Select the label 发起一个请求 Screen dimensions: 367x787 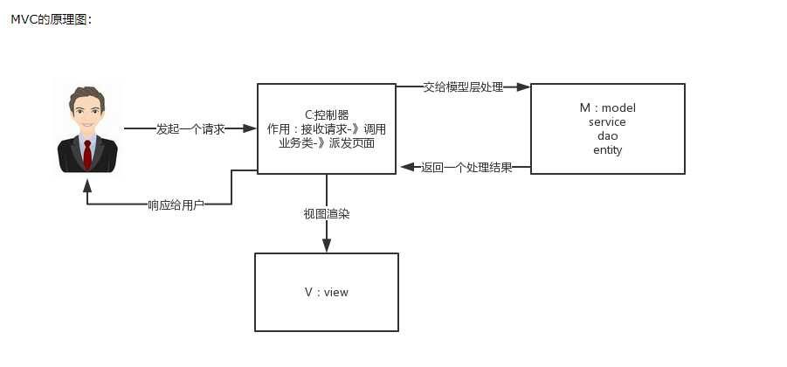pyautogui.click(x=190, y=128)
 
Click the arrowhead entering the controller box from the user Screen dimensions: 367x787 pyautogui.click(x=250, y=128)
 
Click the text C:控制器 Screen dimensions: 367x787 pyautogui.click(x=327, y=114)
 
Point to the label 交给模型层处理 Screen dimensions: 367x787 pyautogui.click(x=463, y=87)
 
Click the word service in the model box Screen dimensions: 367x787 pyautogui.click(x=607, y=122)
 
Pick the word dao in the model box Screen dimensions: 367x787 pyautogui.click(x=607, y=136)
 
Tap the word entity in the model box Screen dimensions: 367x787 pyautogui.click(x=607, y=150)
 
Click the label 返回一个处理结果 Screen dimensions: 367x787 pyautogui.click(x=466, y=167)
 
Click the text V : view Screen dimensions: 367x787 pyautogui.click(x=326, y=292)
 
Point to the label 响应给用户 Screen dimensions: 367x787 pyautogui.click(x=176, y=204)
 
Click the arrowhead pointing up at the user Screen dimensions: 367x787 pyautogui.click(x=87, y=185)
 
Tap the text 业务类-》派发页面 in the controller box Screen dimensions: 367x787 pyautogui.click(x=327, y=142)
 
